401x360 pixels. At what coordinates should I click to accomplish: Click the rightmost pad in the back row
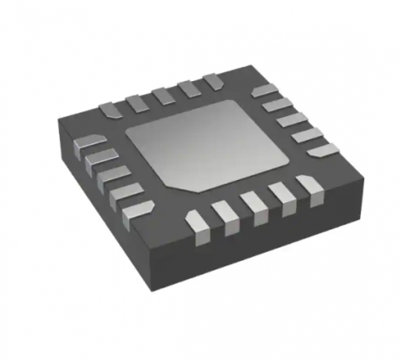pyautogui.click(x=212, y=82)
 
